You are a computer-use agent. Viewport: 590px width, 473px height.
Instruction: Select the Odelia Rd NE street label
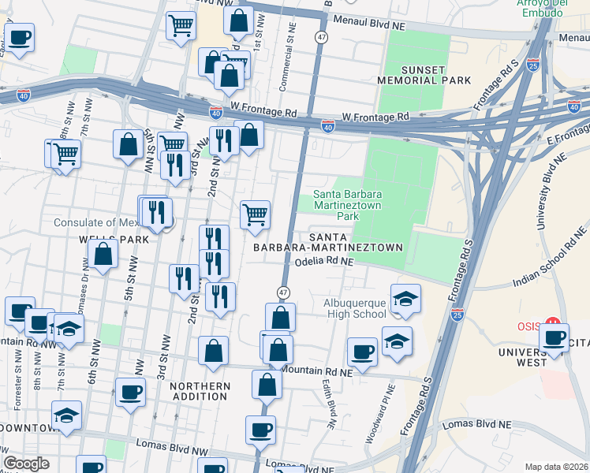point(323,265)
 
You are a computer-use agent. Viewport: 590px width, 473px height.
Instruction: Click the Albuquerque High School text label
point(355,308)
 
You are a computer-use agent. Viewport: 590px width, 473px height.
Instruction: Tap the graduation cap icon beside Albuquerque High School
point(405,299)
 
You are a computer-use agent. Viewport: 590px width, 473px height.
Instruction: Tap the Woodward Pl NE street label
point(389,407)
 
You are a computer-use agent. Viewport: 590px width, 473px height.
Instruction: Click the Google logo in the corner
point(26,464)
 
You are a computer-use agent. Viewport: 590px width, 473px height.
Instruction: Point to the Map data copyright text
point(555,466)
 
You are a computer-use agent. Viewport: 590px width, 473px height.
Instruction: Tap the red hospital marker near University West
point(552,324)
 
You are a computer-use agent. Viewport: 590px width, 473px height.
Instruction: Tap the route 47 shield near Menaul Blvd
point(321,37)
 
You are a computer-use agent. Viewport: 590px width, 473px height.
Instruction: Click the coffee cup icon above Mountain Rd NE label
point(362,352)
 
